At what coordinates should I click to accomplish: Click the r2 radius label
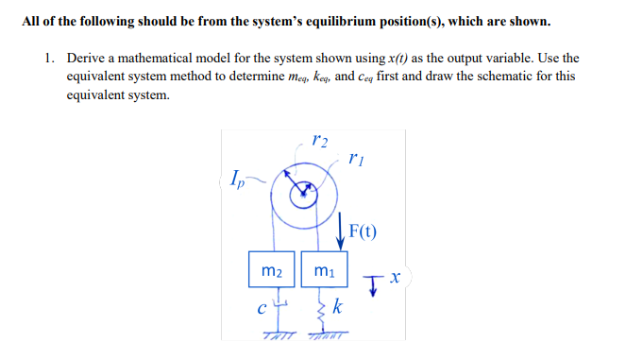pos(318,143)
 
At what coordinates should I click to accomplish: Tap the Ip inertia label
pos(237,177)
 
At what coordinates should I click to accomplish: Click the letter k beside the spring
pos(339,307)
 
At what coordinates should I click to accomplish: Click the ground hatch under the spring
pos(323,337)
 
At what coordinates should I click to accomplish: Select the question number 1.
pos(49,58)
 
